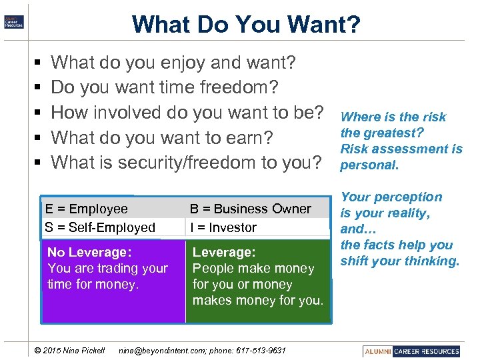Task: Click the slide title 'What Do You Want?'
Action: (246, 24)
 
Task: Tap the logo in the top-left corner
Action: (14, 21)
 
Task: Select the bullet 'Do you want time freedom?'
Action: (165, 87)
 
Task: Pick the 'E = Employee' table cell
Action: (86, 209)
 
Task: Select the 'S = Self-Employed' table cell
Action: (100, 227)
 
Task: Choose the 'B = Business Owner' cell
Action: (251, 209)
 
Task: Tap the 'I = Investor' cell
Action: (223, 227)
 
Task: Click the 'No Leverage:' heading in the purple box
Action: (89, 252)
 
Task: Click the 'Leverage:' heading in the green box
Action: (224, 252)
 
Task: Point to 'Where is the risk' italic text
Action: (393, 117)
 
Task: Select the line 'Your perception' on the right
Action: (391, 197)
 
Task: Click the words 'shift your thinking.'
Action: (400, 261)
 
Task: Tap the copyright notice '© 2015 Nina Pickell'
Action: (69, 351)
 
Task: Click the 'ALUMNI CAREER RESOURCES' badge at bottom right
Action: (412, 351)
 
